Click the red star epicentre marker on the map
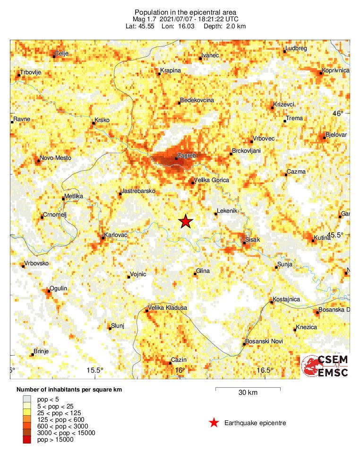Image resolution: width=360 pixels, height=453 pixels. pyautogui.click(x=186, y=221)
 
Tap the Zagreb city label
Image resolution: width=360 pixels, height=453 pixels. pyautogui.click(x=186, y=155)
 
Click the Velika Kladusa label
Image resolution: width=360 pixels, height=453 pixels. pyautogui.click(x=168, y=308)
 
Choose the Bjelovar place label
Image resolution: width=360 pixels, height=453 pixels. pyautogui.click(x=336, y=135)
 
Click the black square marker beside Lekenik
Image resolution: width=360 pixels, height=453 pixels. pyautogui.click(x=216, y=214)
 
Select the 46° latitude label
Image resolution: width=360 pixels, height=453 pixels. pyautogui.click(x=339, y=113)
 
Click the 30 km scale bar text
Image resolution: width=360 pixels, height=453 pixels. pyautogui.click(x=248, y=393)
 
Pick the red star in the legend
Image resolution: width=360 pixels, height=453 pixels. pyautogui.click(x=214, y=423)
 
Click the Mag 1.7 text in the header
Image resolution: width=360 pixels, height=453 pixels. pyautogui.click(x=146, y=19)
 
